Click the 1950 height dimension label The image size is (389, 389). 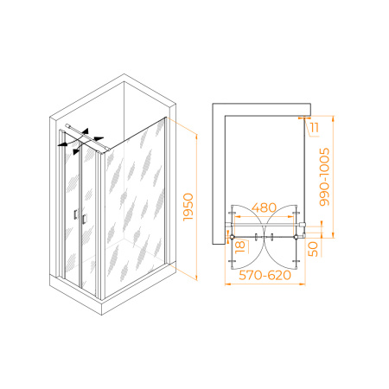188,207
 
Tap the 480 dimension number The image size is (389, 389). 264,207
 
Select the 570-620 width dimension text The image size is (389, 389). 265,275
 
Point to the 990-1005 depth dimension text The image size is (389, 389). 324,177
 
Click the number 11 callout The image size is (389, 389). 314,127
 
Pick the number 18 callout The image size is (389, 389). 240,247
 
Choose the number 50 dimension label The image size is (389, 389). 313,249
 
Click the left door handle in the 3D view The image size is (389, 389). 75,214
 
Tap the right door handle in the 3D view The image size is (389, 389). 84,219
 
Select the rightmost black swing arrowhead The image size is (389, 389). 99,138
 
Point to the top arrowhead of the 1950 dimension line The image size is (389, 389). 197,137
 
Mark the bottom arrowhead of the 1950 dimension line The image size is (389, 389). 197,277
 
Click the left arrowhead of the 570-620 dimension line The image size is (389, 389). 227,284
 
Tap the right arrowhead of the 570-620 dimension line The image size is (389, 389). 303,284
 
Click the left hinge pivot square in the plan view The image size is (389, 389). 233,237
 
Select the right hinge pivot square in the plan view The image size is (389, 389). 296,237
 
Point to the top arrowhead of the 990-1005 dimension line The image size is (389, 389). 334,118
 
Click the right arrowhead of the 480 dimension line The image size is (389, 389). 291,216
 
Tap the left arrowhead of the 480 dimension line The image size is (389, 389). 238,216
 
